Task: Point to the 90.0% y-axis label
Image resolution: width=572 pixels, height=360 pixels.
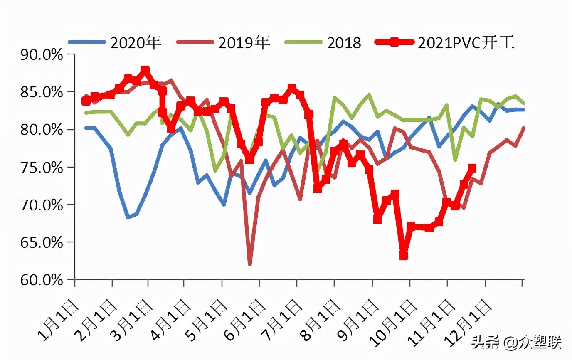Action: tap(42, 54)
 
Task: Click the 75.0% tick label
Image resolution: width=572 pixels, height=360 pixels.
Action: tap(42, 168)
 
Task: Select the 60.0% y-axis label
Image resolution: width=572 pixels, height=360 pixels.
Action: tap(42, 280)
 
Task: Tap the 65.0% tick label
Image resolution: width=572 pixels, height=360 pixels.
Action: tap(42, 242)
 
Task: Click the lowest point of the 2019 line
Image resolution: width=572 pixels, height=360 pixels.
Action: tap(250, 264)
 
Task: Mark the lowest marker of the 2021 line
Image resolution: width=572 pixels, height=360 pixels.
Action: tap(403, 255)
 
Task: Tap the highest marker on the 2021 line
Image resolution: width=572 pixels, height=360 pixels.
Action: tap(145, 70)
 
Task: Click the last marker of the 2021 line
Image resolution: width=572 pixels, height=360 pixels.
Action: tap(472, 168)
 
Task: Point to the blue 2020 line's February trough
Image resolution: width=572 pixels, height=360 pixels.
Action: tap(128, 217)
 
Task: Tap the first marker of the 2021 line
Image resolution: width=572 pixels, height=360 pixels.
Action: tap(86, 101)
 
